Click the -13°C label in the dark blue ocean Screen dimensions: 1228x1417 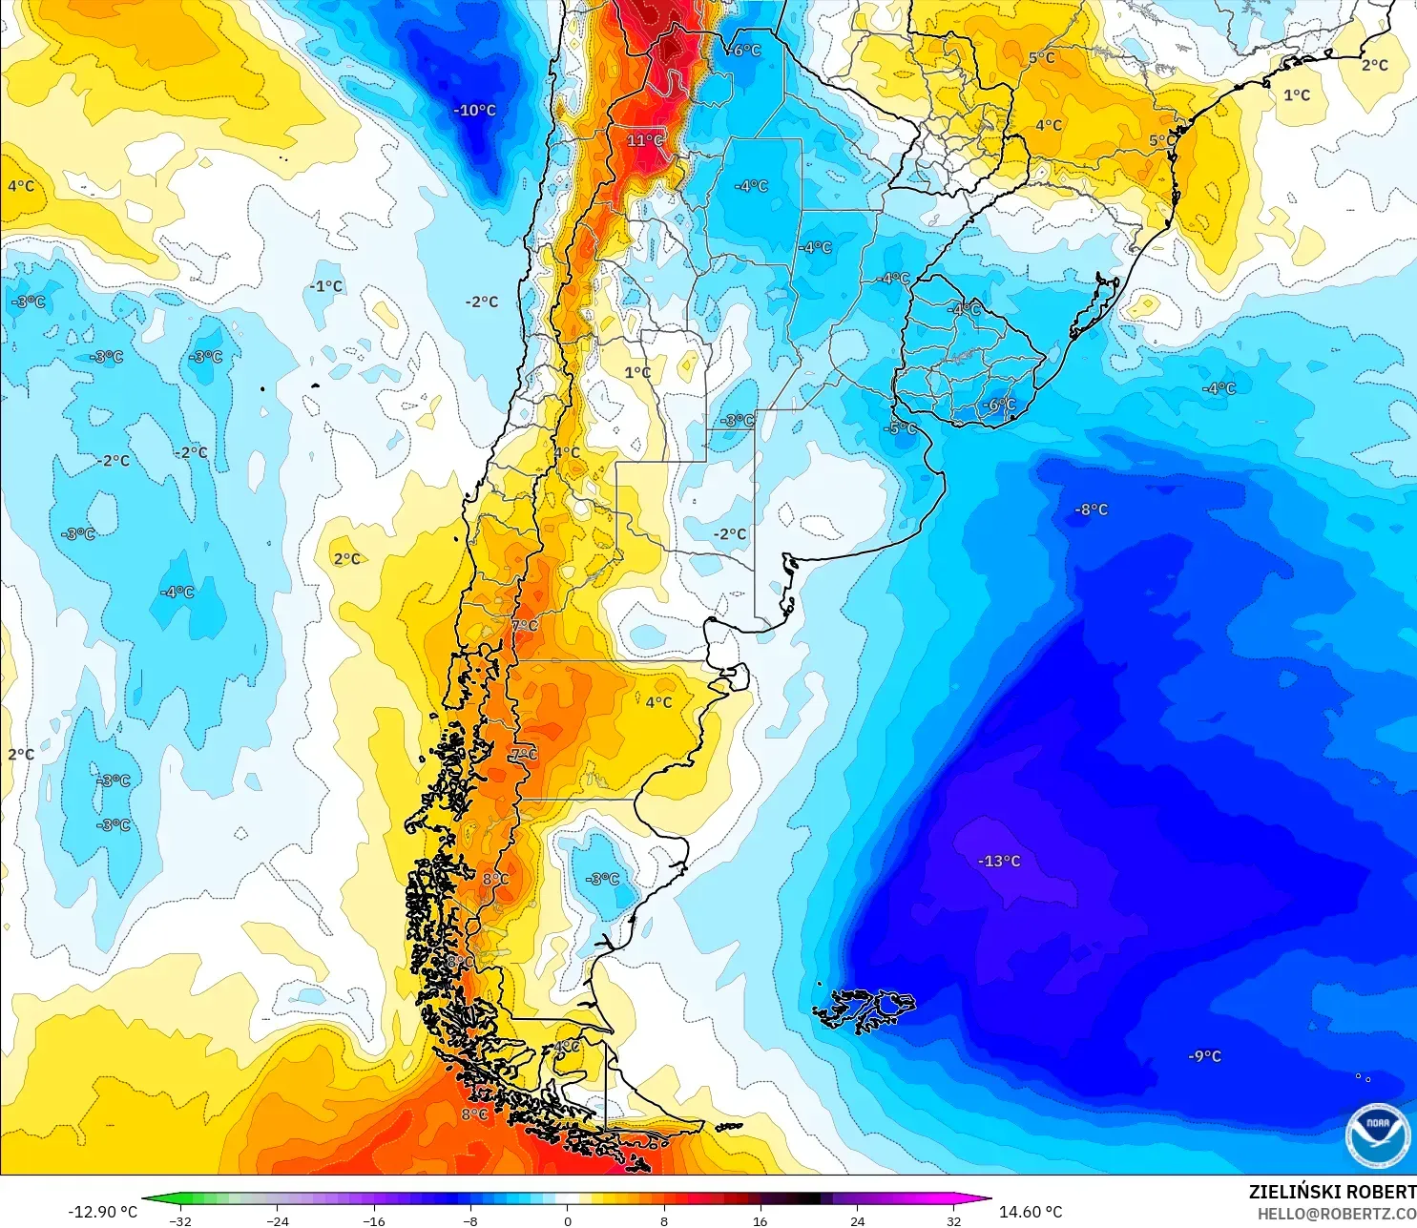999,861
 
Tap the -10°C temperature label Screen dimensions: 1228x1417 474,111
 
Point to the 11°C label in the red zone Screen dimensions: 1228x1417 645,140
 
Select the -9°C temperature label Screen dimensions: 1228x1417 1204,1056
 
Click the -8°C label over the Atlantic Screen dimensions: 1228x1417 1092,510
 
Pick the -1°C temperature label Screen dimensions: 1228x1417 325,286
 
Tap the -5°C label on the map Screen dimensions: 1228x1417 901,428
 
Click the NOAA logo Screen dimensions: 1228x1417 1377,1135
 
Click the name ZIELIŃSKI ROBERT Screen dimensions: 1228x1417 1332,1192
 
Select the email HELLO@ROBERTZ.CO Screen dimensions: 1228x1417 1336,1214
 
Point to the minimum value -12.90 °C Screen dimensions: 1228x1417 102,1212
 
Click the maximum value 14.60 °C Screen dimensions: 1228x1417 1031,1212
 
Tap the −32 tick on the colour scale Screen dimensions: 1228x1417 180,1220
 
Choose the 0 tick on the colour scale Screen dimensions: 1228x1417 568,1220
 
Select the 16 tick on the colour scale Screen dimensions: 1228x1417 761,1220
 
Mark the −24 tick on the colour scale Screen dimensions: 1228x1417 277,1220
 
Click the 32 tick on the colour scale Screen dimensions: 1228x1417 953,1220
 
